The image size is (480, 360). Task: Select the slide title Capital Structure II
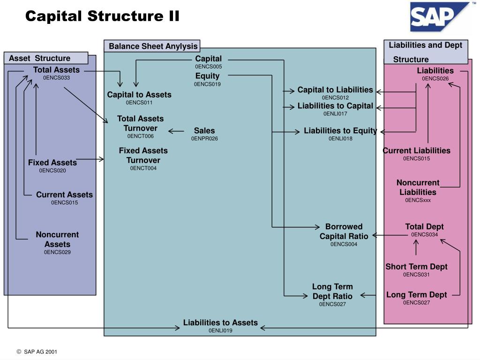click(x=102, y=16)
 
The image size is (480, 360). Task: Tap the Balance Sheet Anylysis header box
click(x=153, y=46)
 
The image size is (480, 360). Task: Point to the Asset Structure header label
click(x=40, y=58)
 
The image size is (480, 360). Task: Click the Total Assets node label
click(x=56, y=70)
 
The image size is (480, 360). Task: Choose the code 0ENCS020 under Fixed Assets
click(x=52, y=171)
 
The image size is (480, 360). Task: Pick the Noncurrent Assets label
click(x=57, y=239)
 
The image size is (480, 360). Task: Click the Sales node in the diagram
click(x=204, y=131)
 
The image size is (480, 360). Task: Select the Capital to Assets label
click(x=139, y=95)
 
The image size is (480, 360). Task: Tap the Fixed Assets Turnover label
click(x=143, y=155)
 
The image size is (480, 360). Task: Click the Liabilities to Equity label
click(x=340, y=131)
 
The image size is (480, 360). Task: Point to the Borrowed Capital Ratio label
click(x=344, y=231)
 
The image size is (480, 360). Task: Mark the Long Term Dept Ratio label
click(x=332, y=291)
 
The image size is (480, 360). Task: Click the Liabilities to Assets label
click(x=220, y=322)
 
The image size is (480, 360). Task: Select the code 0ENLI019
click(x=220, y=330)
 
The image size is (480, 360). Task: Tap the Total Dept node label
click(x=424, y=227)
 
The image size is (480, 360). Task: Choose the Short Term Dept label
click(x=416, y=267)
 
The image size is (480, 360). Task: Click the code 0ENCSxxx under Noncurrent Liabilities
click(x=418, y=200)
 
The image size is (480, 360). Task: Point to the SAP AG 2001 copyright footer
click(x=37, y=352)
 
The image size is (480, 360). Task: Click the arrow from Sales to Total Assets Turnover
click(x=176, y=131)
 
